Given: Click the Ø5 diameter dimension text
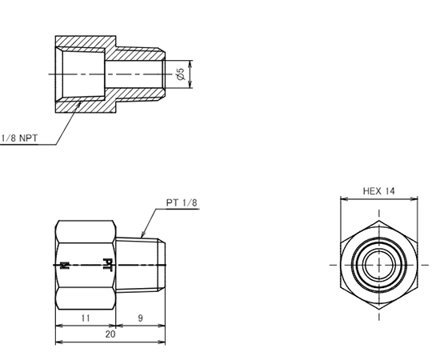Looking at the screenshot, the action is coord(181,74).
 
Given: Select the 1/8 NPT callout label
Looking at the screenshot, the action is coord(19,138).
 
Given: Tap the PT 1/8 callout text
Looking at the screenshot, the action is coord(182,202).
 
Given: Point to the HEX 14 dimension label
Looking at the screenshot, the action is coord(379,191).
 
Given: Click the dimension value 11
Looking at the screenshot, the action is coord(86,318).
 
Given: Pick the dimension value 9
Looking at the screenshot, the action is coord(140,318).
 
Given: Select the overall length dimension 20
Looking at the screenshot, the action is coord(110,334).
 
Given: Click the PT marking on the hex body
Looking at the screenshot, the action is coord(107,265).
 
